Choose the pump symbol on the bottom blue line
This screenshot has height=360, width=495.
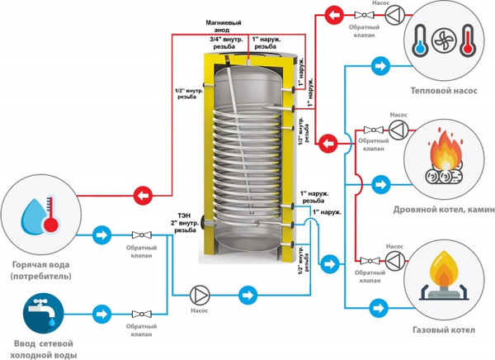(200, 294)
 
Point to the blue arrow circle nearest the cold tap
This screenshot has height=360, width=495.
(101, 314)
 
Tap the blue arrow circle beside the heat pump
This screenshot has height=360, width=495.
(379, 64)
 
